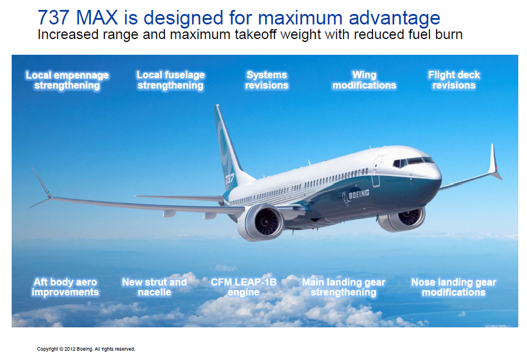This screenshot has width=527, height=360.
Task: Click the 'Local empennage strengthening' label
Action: pyautogui.click(x=67, y=80)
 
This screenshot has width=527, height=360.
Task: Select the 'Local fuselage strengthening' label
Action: pyautogui.click(x=170, y=80)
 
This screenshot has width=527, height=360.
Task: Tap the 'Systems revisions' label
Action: pyautogui.click(x=266, y=80)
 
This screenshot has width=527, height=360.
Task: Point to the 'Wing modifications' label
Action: pyautogui.click(x=364, y=80)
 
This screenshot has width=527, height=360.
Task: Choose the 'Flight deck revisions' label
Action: pyautogui.click(x=454, y=80)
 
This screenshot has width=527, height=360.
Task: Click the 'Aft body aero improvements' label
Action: pyautogui.click(x=65, y=287)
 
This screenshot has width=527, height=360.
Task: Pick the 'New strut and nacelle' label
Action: pyautogui.click(x=154, y=287)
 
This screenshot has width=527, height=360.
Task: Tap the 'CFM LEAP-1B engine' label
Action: pyautogui.click(x=243, y=287)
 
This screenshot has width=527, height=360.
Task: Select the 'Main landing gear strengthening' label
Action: pyautogui.click(x=343, y=287)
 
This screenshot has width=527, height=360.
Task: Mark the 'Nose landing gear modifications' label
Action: pyautogui.click(x=454, y=287)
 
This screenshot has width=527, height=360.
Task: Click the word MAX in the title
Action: pyautogui.click(x=97, y=18)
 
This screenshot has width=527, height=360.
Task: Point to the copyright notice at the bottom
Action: pyautogui.click(x=86, y=349)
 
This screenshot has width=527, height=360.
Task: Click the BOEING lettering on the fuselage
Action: pyautogui.click(x=359, y=194)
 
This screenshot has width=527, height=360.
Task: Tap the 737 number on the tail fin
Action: pyautogui.click(x=230, y=178)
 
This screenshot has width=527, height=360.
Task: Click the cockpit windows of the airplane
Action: pyautogui.click(x=413, y=161)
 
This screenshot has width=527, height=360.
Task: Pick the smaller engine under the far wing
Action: pyautogui.click(x=402, y=219)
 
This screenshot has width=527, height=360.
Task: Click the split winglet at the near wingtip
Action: pyautogui.click(x=41, y=188)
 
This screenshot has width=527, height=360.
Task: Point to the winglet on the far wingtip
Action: pyautogui.click(x=495, y=162)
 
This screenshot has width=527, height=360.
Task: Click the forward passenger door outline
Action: pyautogui.click(x=377, y=171)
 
